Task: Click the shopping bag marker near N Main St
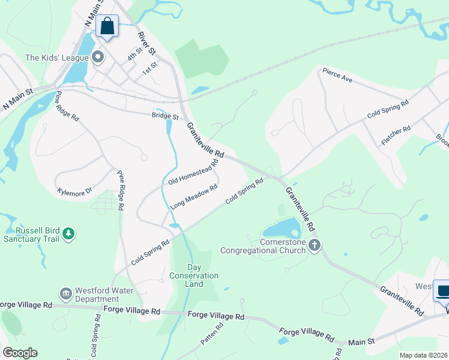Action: coord(107,26)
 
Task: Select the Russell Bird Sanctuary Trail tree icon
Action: coord(68,233)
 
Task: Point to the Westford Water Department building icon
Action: coord(65,293)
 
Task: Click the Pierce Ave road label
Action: coord(337,74)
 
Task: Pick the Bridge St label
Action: coord(165,115)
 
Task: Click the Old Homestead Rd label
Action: coord(193,172)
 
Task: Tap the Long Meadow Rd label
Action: coord(193,197)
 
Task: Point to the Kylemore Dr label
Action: coord(74,191)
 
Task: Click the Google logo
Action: coord(20,353)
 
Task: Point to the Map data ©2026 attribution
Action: coord(424,355)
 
